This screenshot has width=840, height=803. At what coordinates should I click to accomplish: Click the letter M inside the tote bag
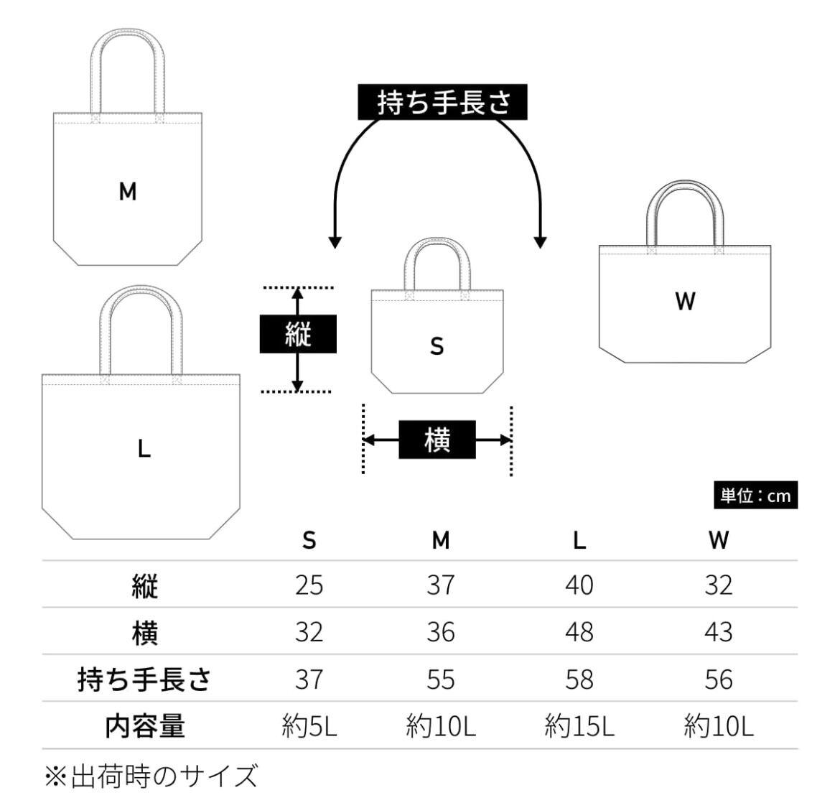[128, 191]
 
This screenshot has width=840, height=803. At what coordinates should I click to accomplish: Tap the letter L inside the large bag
[144, 448]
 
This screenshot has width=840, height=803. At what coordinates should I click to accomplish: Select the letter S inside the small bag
[437, 346]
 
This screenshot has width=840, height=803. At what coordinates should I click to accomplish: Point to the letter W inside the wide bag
[685, 301]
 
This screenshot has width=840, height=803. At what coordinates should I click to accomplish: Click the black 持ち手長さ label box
[442, 102]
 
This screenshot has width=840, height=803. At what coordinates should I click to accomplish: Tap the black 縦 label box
[298, 334]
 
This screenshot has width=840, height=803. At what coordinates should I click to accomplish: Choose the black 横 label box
[437, 440]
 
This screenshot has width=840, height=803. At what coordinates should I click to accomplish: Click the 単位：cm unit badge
[755, 496]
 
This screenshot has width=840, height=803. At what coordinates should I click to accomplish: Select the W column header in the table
[719, 540]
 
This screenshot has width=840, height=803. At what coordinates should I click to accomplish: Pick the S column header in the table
[309, 540]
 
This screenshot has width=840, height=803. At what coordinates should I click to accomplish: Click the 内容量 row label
[144, 726]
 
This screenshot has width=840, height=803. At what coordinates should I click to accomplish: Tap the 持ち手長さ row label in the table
[144, 679]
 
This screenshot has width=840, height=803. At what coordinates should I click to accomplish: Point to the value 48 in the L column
[579, 632]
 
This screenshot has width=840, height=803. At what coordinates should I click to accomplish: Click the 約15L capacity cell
[579, 726]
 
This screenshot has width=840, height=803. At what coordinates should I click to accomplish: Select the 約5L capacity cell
[309, 726]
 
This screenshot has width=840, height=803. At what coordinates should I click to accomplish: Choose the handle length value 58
[579, 679]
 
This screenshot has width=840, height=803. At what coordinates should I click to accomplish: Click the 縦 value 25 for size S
[309, 585]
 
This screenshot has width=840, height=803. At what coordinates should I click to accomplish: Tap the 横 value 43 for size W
[719, 632]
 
